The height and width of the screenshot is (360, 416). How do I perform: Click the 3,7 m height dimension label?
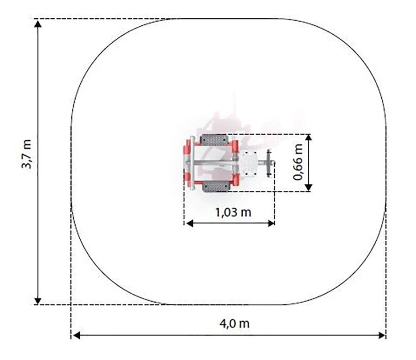tap(27, 154)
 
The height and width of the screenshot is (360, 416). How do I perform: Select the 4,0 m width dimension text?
tap(235, 324)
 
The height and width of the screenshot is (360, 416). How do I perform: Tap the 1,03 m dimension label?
tap(233, 212)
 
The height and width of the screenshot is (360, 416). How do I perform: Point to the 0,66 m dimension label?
tap(298, 162)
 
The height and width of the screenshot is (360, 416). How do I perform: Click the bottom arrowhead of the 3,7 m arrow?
tap(38, 301)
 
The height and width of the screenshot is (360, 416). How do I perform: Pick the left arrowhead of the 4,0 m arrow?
tap(76, 336)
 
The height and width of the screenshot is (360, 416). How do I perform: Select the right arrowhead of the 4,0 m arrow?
tap(382, 336)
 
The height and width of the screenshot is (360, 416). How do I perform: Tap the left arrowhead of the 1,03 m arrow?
tap(189, 223)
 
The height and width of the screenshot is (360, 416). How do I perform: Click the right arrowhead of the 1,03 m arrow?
tap(271, 223)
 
